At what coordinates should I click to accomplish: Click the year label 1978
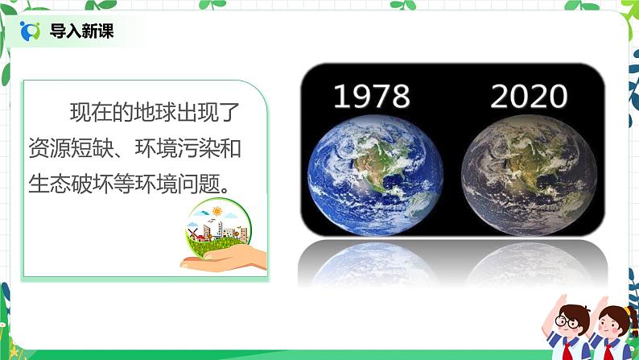coord(371,97)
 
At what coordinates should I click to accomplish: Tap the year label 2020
coord(529,97)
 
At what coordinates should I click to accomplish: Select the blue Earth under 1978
coord(371,173)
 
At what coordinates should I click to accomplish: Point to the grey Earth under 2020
coord(530,173)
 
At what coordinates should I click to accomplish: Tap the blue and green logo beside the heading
coord(31,31)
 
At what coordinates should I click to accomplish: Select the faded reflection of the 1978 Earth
coord(371,262)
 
